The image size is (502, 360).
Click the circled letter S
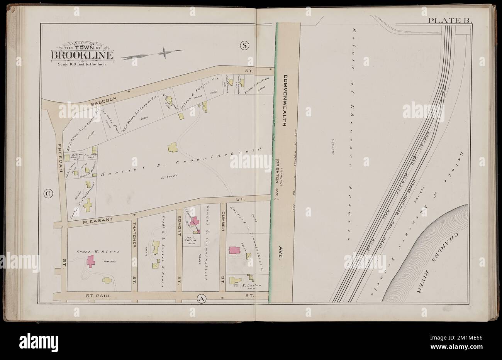(244, 46)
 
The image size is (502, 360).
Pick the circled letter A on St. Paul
(201, 298)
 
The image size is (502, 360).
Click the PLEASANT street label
(98, 220)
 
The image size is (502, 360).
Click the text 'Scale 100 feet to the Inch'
(82, 64)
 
